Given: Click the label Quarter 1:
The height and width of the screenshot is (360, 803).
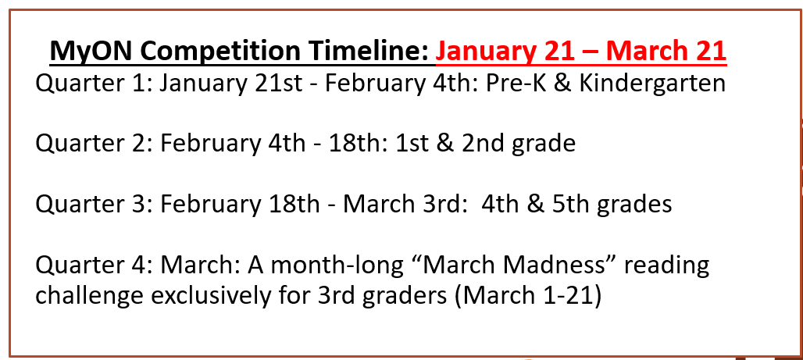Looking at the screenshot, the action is click(94, 84).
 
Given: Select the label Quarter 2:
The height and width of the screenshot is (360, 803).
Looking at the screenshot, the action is click(95, 144).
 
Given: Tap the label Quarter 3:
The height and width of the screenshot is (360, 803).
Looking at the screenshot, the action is click(95, 204).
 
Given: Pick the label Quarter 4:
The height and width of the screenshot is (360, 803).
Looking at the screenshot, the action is click(95, 265).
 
